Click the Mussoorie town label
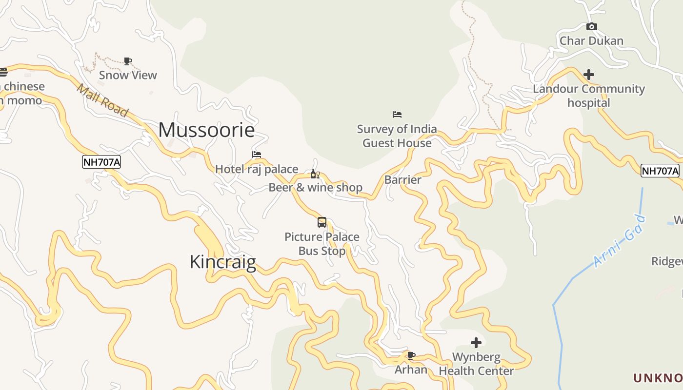pos(206,130)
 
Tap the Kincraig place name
pos(222,262)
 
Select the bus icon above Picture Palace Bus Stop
pos(322,222)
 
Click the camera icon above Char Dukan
pos(591,27)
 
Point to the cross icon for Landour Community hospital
pos(589,75)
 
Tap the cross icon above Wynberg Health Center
pos(476,343)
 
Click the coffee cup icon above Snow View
pos(128,61)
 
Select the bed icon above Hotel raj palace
pos(257,155)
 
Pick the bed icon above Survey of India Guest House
pos(397,115)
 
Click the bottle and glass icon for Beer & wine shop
pos(315,174)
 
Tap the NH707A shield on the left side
pos(101,162)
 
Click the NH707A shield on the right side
pos(660,171)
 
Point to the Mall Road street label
pos(102,100)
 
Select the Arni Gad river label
pos(620,241)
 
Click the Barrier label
pos(402,179)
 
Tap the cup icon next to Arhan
pos(411,355)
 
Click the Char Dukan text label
pos(591,40)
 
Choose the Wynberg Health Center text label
pos(476,364)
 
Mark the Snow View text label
pos(128,75)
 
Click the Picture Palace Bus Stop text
pos(322,244)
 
